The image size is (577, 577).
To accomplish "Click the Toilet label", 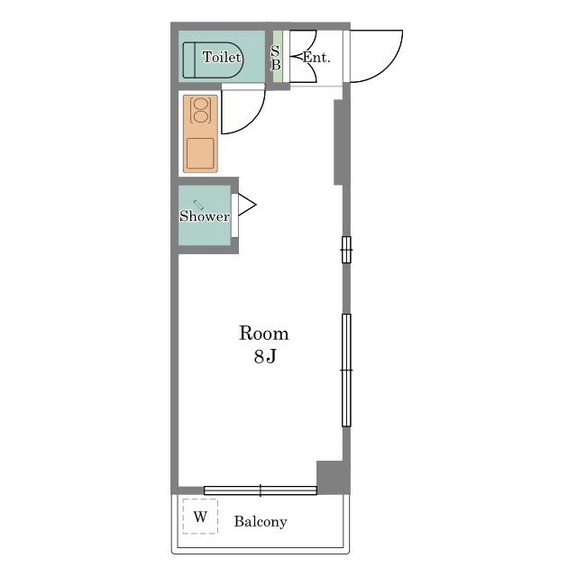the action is pyautogui.click(x=222, y=57).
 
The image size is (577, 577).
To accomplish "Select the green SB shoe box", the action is pyautogui.click(x=277, y=56).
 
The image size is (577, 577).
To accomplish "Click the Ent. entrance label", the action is pyautogui.click(x=316, y=58).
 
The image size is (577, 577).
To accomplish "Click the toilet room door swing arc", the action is pyautogui.click(x=256, y=118).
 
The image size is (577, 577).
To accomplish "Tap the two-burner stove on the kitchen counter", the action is pyautogui.click(x=200, y=110).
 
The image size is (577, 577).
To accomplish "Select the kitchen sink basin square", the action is pyautogui.click(x=200, y=153).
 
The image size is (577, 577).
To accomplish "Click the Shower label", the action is pyautogui.click(x=205, y=215).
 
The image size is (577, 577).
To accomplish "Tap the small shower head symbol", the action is pyautogui.click(x=198, y=205).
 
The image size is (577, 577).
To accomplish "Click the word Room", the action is pyautogui.click(x=264, y=334).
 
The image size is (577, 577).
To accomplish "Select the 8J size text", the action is pyautogui.click(x=265, y=356).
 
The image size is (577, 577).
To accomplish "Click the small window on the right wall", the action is pyautogui.click(x=346, y=250).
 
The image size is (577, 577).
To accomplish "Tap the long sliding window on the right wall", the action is pyautogui.click(x=346, y=371).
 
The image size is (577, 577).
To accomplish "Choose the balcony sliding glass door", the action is pyautogui.click(x=261, y=490).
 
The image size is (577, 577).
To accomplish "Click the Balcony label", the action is pyautogui.click(x=261, y=521).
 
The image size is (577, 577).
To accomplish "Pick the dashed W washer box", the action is pyautogui.click(x=200, y=517).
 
